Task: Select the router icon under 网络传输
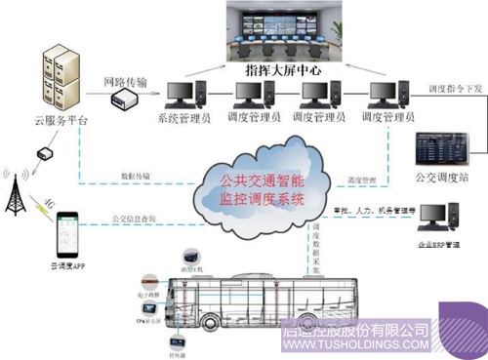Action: [124, 100]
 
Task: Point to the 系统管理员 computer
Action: [185, 98]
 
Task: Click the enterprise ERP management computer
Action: [452, 217]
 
